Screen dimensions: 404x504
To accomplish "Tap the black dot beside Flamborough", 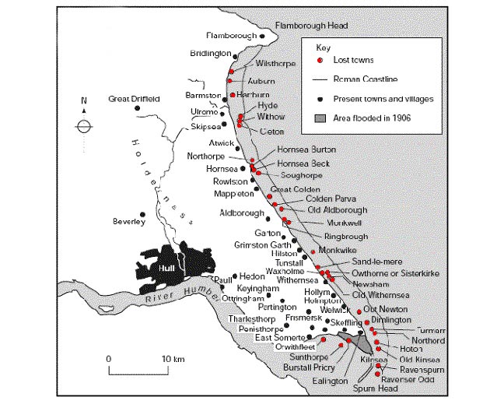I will pos(264,36).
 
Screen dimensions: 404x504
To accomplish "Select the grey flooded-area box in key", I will pos(319,118).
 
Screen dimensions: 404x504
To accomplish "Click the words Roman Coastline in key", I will pos(366,79).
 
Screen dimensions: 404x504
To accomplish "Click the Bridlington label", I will pos(211,54).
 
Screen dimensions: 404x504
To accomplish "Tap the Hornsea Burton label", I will pos(306,149).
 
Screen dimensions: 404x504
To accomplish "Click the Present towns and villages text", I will pos(383,99).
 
